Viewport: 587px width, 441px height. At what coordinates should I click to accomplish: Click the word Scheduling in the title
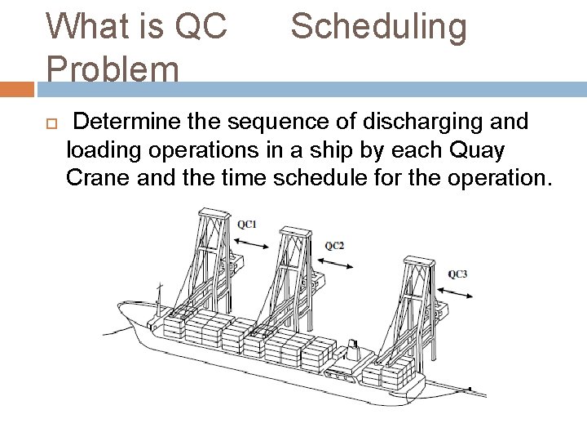379,27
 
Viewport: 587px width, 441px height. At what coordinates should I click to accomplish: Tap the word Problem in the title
113,69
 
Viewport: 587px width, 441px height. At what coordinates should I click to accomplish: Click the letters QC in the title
201,27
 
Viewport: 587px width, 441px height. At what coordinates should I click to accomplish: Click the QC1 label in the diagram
247,223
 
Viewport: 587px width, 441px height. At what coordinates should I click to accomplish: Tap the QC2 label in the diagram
333,245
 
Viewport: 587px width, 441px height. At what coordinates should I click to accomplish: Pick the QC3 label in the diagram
458,274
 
